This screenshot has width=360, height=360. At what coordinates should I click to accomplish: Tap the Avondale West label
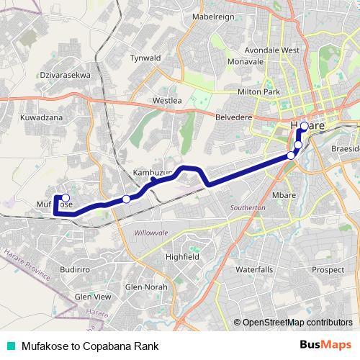(x=271, y=50)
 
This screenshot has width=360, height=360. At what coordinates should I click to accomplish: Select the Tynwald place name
(x=145, y=57)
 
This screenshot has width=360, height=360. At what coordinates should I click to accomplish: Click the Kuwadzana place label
(x=42, y=117)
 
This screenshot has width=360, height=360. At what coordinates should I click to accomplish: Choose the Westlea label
(x=167, y=101)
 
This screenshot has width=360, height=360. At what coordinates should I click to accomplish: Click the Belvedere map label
(x=235, y=115)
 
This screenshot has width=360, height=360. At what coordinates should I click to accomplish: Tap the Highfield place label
(x=181, y=256)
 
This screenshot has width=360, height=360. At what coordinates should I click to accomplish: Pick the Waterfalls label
(x=254, y=269)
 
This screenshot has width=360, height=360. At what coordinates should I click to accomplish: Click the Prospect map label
(x=328, y=270)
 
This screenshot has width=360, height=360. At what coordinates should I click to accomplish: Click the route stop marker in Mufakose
(x=66, y=198)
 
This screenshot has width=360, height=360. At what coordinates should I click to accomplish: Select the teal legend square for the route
(x=11, y=346)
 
